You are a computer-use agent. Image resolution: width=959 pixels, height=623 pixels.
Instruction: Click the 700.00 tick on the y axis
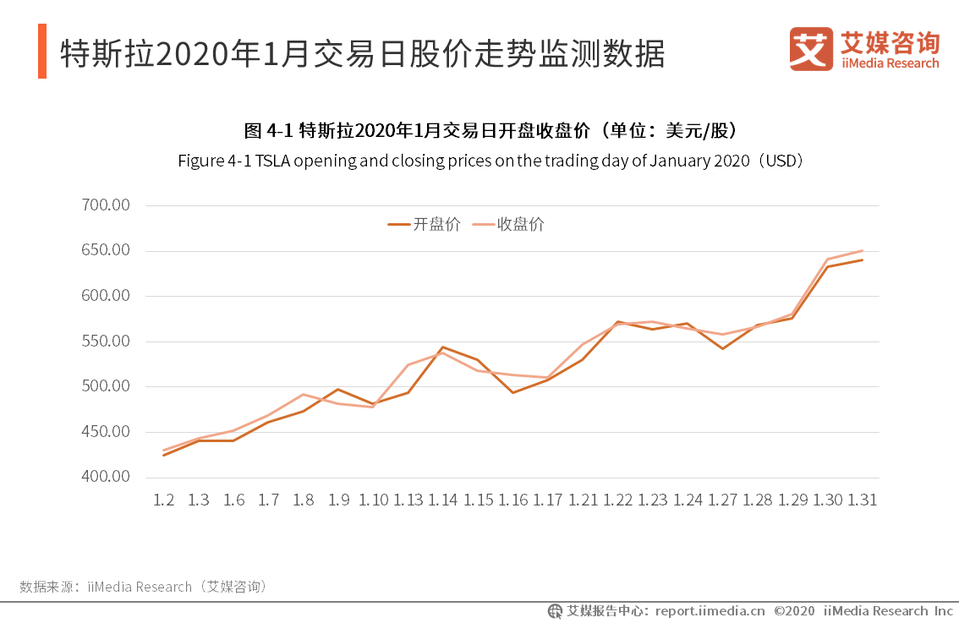[106, 205]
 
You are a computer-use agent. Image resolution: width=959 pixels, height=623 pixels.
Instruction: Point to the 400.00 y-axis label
[106, 477]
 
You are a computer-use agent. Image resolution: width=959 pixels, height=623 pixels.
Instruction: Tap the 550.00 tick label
[106, 342]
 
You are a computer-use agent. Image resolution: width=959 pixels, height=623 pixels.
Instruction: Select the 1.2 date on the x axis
[163, 500]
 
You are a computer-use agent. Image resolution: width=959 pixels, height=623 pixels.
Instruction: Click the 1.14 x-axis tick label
[442, 500]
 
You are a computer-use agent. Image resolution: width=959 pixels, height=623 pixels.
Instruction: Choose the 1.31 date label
[863, 500]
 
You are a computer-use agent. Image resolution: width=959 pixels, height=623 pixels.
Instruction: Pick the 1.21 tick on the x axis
[583, 500]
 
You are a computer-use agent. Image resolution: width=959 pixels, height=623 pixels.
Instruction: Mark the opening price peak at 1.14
[443, 347]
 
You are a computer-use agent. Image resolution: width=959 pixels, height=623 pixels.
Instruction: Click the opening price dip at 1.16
[512, 392]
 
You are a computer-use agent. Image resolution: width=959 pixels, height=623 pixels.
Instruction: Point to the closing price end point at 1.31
[863, 250]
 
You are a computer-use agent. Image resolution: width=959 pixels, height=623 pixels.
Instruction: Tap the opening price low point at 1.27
[723, 348]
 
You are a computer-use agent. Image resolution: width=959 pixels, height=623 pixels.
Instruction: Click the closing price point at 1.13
[408, 365]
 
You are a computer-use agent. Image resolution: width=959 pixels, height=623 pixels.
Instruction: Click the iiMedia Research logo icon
[811, 49]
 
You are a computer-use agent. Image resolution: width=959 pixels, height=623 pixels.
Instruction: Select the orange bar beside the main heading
[41, 52]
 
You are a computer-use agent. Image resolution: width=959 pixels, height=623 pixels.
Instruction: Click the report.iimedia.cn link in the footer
[710, 610]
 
